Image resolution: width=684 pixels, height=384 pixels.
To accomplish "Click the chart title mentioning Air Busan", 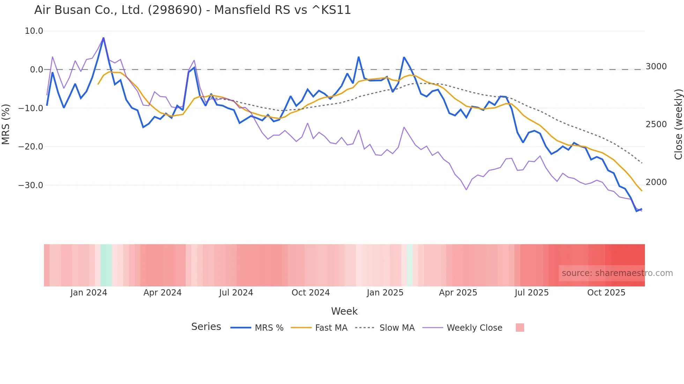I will [192, 10].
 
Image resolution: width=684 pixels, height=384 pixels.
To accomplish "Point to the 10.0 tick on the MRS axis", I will [34, 31].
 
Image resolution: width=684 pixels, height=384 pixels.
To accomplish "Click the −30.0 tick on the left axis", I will [31, 185].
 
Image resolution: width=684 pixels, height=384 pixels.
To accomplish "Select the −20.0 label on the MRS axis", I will [31, 147].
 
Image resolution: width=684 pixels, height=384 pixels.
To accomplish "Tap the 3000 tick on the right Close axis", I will [656, 67].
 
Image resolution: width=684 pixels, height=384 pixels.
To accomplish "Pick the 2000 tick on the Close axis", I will [656, 182].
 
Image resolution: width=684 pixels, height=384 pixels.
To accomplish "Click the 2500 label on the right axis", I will [656, 124].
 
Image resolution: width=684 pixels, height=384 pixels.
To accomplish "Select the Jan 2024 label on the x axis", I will [89, 293].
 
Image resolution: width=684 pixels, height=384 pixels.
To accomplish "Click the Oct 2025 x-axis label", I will [606, 293].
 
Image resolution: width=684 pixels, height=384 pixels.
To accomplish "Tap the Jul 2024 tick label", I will [236, 293].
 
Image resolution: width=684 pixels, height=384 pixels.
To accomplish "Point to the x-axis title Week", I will [344, 311].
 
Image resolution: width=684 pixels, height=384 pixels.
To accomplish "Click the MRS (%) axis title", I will [6, 124].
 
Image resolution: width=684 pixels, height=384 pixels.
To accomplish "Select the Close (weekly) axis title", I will [678, 124].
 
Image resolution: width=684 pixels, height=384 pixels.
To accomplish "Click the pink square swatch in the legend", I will [520, 328].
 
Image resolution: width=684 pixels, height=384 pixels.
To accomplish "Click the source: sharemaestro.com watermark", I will [617, 273].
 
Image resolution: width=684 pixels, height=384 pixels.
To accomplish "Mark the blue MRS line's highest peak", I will [103, 38].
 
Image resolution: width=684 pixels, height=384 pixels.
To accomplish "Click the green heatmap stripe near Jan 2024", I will [106, 265].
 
